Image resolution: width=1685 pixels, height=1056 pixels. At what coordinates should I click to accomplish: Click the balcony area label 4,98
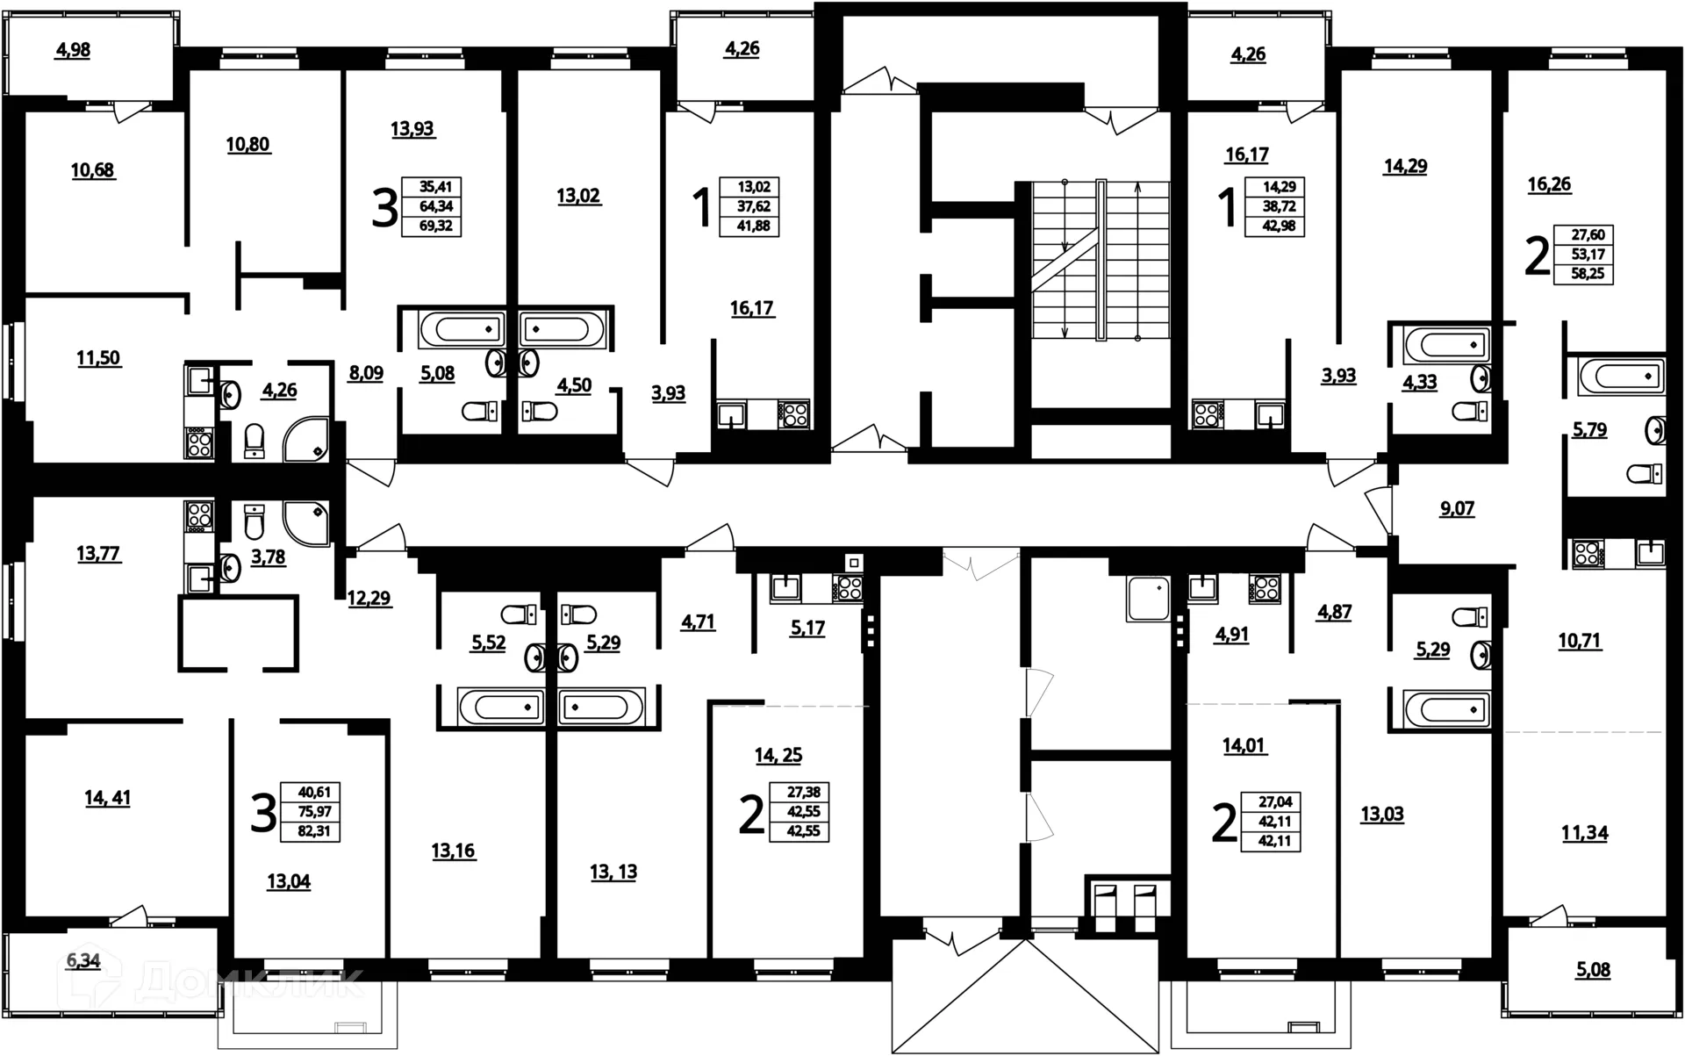(x=73, y=50)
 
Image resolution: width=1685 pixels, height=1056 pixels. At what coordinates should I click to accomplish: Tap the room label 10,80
(x=247, y=144)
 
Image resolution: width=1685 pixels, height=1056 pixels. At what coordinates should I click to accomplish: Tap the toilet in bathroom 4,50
(x=539, y=411)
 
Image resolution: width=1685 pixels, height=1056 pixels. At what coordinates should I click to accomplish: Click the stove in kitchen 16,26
(x=1588, y=553)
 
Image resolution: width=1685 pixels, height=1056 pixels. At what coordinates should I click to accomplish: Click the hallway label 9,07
(x=1457, y=508)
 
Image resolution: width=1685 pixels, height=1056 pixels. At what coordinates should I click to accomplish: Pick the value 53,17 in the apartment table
(x=1588, y=255)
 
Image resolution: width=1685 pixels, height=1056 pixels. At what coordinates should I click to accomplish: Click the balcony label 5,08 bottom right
(x=1592, y=970)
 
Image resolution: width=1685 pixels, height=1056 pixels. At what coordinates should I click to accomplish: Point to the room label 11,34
(x=1584, y=832)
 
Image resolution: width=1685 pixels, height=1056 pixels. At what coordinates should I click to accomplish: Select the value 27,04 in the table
(x=1274, y=801)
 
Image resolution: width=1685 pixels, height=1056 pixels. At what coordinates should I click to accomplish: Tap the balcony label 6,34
(x=83, y=960)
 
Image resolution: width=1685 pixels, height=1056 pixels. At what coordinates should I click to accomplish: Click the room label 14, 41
(x=107, y=797)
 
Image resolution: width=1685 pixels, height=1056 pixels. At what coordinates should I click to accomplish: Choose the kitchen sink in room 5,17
(x=785, y=587)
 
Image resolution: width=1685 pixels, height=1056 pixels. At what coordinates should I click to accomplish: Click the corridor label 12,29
(x=369, y=599)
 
